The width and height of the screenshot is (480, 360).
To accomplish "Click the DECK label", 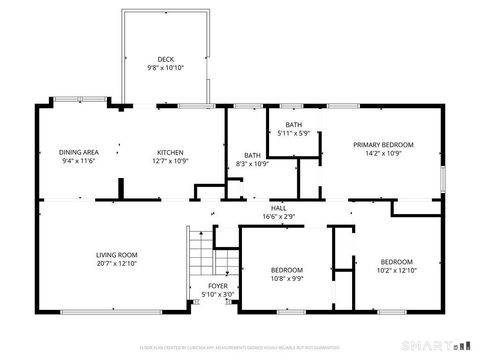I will click(166, 59).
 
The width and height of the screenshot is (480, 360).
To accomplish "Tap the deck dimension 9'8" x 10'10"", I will click(166, 68).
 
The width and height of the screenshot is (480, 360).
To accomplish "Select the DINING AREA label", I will click(78, 152).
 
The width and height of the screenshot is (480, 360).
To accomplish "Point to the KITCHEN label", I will click(169, 152).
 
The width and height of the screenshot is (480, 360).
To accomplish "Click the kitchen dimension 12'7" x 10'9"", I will click(169, 161).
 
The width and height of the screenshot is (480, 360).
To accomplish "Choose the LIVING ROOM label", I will click(116, 254).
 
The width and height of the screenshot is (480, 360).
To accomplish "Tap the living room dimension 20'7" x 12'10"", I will click(116, 263).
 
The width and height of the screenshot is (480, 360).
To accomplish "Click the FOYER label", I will click(217, 286).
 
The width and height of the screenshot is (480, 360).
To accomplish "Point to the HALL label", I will click(278, 207).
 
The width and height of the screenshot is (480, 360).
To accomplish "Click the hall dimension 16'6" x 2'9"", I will click(278, 216).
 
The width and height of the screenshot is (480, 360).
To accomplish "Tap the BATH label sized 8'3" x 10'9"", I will click(253, 155).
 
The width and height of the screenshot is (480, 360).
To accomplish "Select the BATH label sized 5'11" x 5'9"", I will click(293, 124).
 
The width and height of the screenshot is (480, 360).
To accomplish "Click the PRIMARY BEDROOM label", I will click(383, 145).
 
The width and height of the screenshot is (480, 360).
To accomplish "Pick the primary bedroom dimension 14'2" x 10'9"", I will click(383, 154).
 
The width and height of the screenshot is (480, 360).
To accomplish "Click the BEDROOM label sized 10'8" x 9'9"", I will click(287, 270).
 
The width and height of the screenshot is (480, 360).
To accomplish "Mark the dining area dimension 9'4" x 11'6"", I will click(78, 161).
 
